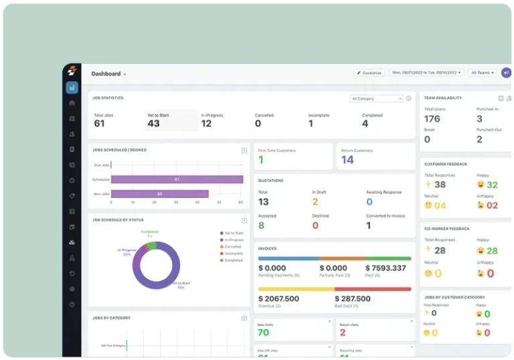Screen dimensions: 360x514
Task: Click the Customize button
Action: click(x=369, y=73)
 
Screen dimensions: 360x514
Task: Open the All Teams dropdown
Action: click(x=483, y=73)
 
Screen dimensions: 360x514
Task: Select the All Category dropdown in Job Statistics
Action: click(x=377, y=98)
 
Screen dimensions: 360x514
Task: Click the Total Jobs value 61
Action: click(x=99, y=123)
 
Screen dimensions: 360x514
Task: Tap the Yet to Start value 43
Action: click(x=154, y=123)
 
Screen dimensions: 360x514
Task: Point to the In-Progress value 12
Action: click(x=206, y=123)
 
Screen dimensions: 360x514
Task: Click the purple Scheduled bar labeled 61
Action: click(x=177, y=179)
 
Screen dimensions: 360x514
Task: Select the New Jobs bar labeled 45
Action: click(x=159, y=194)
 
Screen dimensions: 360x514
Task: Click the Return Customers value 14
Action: click(x=347, y=160)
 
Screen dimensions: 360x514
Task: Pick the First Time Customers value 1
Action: click(x=261, y=160)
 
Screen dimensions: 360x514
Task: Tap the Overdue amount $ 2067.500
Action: click(x=278, y=298)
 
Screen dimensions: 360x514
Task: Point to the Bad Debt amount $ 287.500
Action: click(x=352, y=298)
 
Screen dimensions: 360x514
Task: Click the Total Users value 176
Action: click(x=432, y=119)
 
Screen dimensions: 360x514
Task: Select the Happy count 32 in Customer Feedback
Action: click(x=492, y=185)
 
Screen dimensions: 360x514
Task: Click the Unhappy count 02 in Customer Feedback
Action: click(x=492, y=205)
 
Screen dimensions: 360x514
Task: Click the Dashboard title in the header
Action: click(x=106, y=74)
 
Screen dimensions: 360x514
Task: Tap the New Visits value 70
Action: click(x=263, y=333)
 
